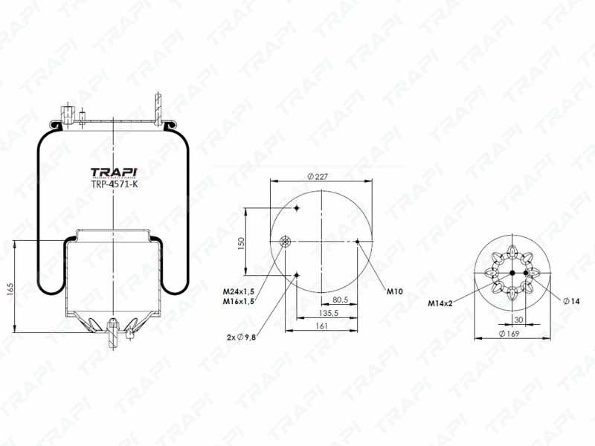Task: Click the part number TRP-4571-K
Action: (114, 184)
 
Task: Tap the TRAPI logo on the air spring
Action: (114, 172)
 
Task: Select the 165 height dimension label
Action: (10, 289)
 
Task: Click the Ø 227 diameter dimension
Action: (318, 176)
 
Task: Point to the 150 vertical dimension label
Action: (241, 243)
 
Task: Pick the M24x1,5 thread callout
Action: (238, 291)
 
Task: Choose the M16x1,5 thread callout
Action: (238, 302)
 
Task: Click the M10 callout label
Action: (395, 291)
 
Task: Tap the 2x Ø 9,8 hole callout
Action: (241, 337)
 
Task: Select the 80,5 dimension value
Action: (341, 300)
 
